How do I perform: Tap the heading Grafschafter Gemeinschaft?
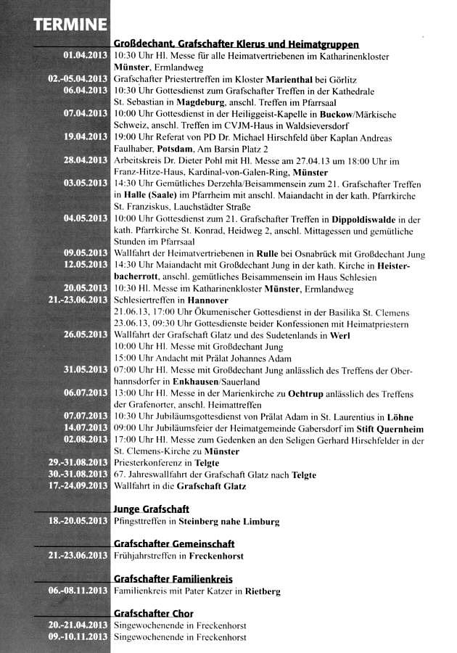coord(174,544)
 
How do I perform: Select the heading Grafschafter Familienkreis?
coord(173,579)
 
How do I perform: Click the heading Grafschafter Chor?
coord(153,614)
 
